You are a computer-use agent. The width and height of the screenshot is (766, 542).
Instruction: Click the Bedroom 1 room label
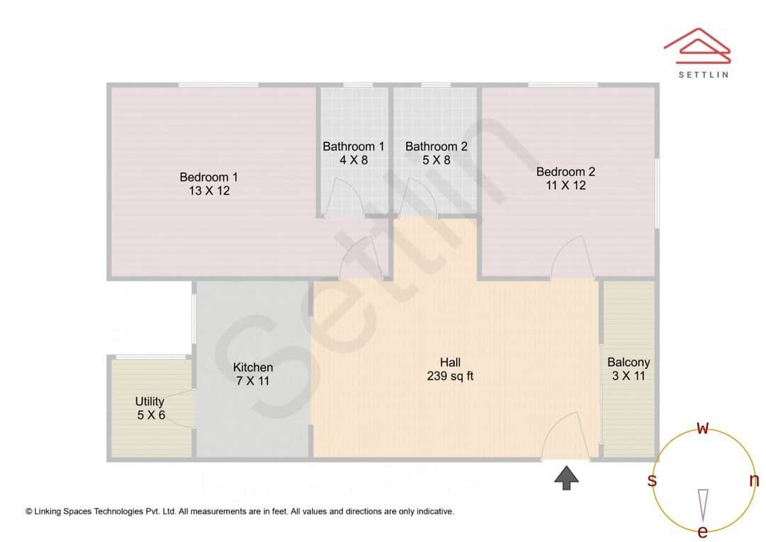coord(209,177)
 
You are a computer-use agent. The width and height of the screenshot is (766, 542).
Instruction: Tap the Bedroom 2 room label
coord(565,171)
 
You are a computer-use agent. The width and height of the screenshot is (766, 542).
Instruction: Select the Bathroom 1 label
coord(353,146)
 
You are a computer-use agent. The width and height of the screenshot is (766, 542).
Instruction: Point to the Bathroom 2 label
coord(436,146)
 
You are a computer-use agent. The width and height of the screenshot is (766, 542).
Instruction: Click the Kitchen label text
coord(253,367)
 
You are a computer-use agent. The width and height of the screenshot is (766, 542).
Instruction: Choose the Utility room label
coord(150,402)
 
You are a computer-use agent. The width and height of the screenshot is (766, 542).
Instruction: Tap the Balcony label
coord(628,362)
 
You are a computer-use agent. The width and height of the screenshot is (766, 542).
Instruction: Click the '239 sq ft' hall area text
coord(450,376)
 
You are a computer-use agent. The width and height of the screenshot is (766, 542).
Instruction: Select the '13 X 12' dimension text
coord(209,191)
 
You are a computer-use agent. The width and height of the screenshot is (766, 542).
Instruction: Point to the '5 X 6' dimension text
coord(151,415)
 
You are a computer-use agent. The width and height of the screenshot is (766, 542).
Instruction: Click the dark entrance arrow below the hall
coord(566,477)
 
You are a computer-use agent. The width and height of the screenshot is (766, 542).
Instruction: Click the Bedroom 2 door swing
coord(572,259)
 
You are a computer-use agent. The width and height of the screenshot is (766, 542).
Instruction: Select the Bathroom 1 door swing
coord(347,197)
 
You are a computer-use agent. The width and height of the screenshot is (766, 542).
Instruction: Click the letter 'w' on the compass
coord(703,428)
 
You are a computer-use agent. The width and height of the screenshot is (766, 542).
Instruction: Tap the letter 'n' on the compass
coord(753,480)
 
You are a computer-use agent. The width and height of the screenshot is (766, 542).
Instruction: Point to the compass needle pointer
coord(703,504)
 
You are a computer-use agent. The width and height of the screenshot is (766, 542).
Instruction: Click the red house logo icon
coord(696,45)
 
